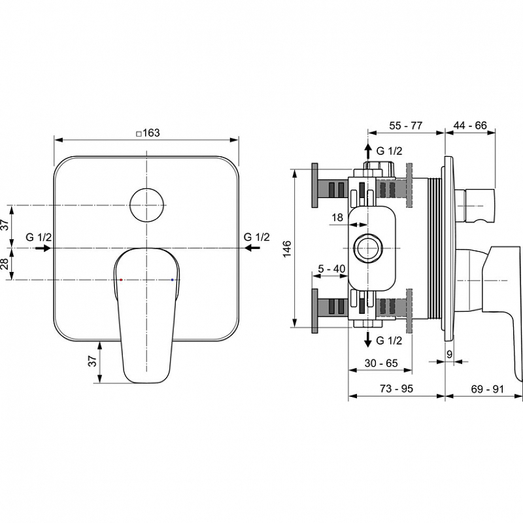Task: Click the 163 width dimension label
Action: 152,133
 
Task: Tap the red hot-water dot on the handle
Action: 121,280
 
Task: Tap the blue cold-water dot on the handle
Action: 172,280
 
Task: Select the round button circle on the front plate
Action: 146,205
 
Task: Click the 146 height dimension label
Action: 287,248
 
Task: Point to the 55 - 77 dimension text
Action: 405,126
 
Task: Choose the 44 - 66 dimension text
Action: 470,126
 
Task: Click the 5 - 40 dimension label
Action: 331,269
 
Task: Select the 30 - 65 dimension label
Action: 381,363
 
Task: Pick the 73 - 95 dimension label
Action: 396,388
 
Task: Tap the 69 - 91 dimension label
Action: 487,389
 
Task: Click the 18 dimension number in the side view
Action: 337,218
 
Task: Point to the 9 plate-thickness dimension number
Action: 449,354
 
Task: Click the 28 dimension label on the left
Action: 5,264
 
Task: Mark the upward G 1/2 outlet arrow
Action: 368,152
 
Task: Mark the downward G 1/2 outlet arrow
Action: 368,339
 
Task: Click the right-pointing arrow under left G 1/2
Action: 42,248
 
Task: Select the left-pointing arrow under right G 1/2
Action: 252,248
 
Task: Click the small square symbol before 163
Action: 139,134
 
